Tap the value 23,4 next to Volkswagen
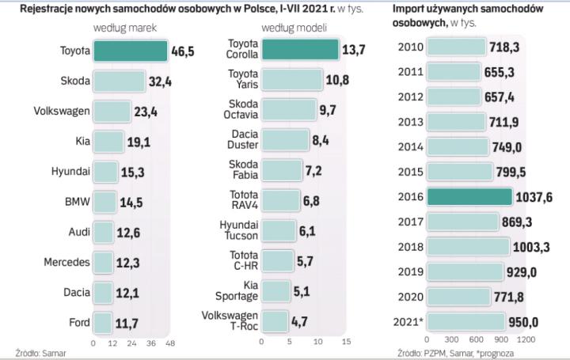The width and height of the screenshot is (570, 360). pos(146,112)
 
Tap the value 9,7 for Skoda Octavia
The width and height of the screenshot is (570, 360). pos(327,111)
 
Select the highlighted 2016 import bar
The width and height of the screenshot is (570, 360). pos(469,197)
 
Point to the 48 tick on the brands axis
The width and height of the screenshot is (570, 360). pos(170,343)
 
